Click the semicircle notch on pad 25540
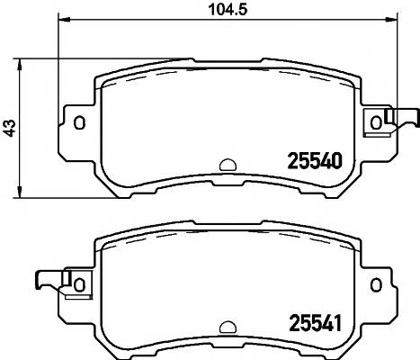(227, 166)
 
